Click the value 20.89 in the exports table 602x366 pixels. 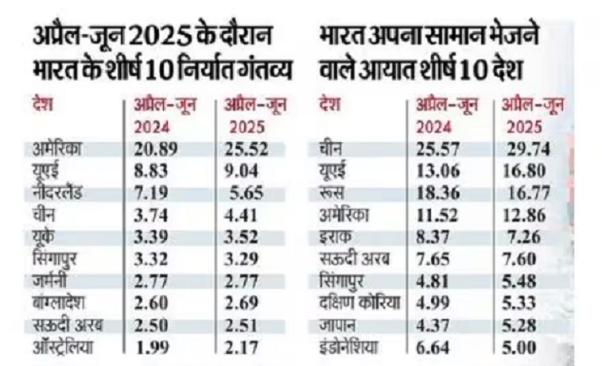click(152, 148)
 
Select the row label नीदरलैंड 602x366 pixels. click(63, 195)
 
